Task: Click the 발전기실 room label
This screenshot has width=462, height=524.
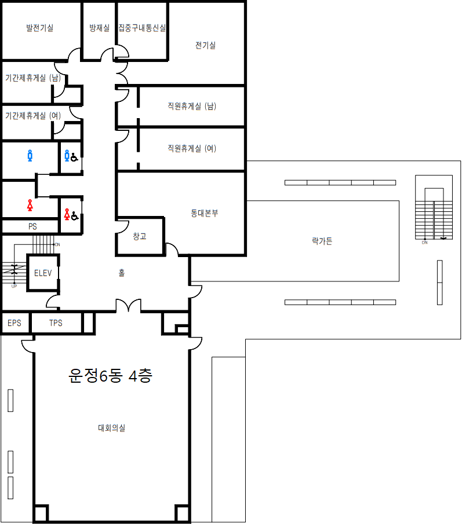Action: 39,28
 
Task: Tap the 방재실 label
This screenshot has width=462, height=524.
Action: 99,28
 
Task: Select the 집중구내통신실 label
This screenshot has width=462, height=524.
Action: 142,28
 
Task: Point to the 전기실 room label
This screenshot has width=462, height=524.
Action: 205,45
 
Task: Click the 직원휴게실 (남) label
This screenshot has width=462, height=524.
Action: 192,106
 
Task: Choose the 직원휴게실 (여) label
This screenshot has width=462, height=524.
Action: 192,148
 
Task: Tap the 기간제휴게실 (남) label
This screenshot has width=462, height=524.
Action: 33,78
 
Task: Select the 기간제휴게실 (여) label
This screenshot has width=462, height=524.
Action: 33,116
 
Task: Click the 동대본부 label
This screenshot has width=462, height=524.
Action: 205,213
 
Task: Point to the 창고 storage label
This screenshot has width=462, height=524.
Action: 140,236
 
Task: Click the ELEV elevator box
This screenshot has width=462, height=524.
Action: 43,273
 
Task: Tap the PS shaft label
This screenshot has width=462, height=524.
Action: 32,226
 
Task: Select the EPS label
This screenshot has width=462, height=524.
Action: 14,323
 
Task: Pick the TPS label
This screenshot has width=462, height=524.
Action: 56,323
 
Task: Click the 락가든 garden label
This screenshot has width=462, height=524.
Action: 322,241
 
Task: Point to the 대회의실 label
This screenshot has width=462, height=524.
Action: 111,428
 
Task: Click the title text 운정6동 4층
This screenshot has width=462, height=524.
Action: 110,376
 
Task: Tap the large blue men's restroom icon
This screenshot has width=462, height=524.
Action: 30,155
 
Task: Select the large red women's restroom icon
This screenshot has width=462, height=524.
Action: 30,204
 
